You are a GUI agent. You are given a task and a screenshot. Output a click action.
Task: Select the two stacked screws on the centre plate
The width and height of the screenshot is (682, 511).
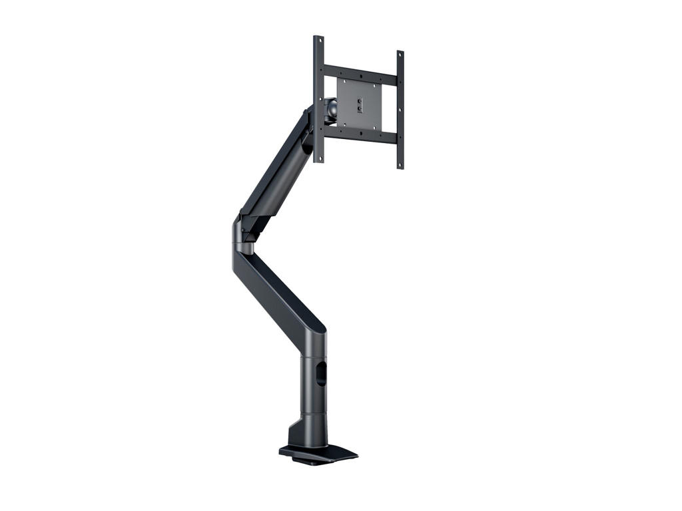360,104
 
